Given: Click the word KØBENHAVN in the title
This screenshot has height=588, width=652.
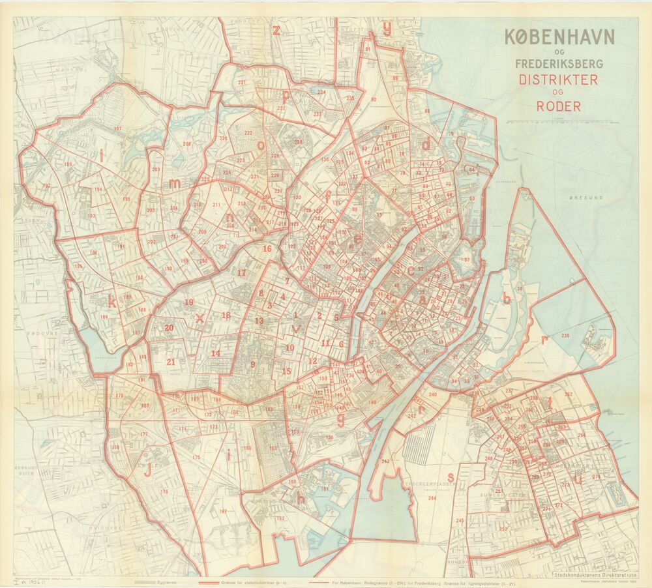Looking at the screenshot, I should [x=559, y=37].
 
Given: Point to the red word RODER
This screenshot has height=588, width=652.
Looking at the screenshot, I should [x=559, y=106].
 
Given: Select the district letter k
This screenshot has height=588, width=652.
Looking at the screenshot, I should [x=112, y=302].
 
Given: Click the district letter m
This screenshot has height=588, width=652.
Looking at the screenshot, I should [x=174, y=184].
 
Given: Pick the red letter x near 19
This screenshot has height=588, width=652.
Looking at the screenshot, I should [x=200, y=318].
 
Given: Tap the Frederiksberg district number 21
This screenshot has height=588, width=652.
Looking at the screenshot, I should [x=171, y=362].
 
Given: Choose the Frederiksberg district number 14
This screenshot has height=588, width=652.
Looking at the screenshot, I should [x=215, y=353].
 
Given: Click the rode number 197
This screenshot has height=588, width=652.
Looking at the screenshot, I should [x=117, y=128].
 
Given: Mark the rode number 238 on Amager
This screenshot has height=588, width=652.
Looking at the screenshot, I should [x=565, y=336].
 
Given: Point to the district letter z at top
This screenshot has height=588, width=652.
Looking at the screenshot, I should [x=276, y=30].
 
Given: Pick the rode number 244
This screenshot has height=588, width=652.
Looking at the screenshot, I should [x=432, y=499].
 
